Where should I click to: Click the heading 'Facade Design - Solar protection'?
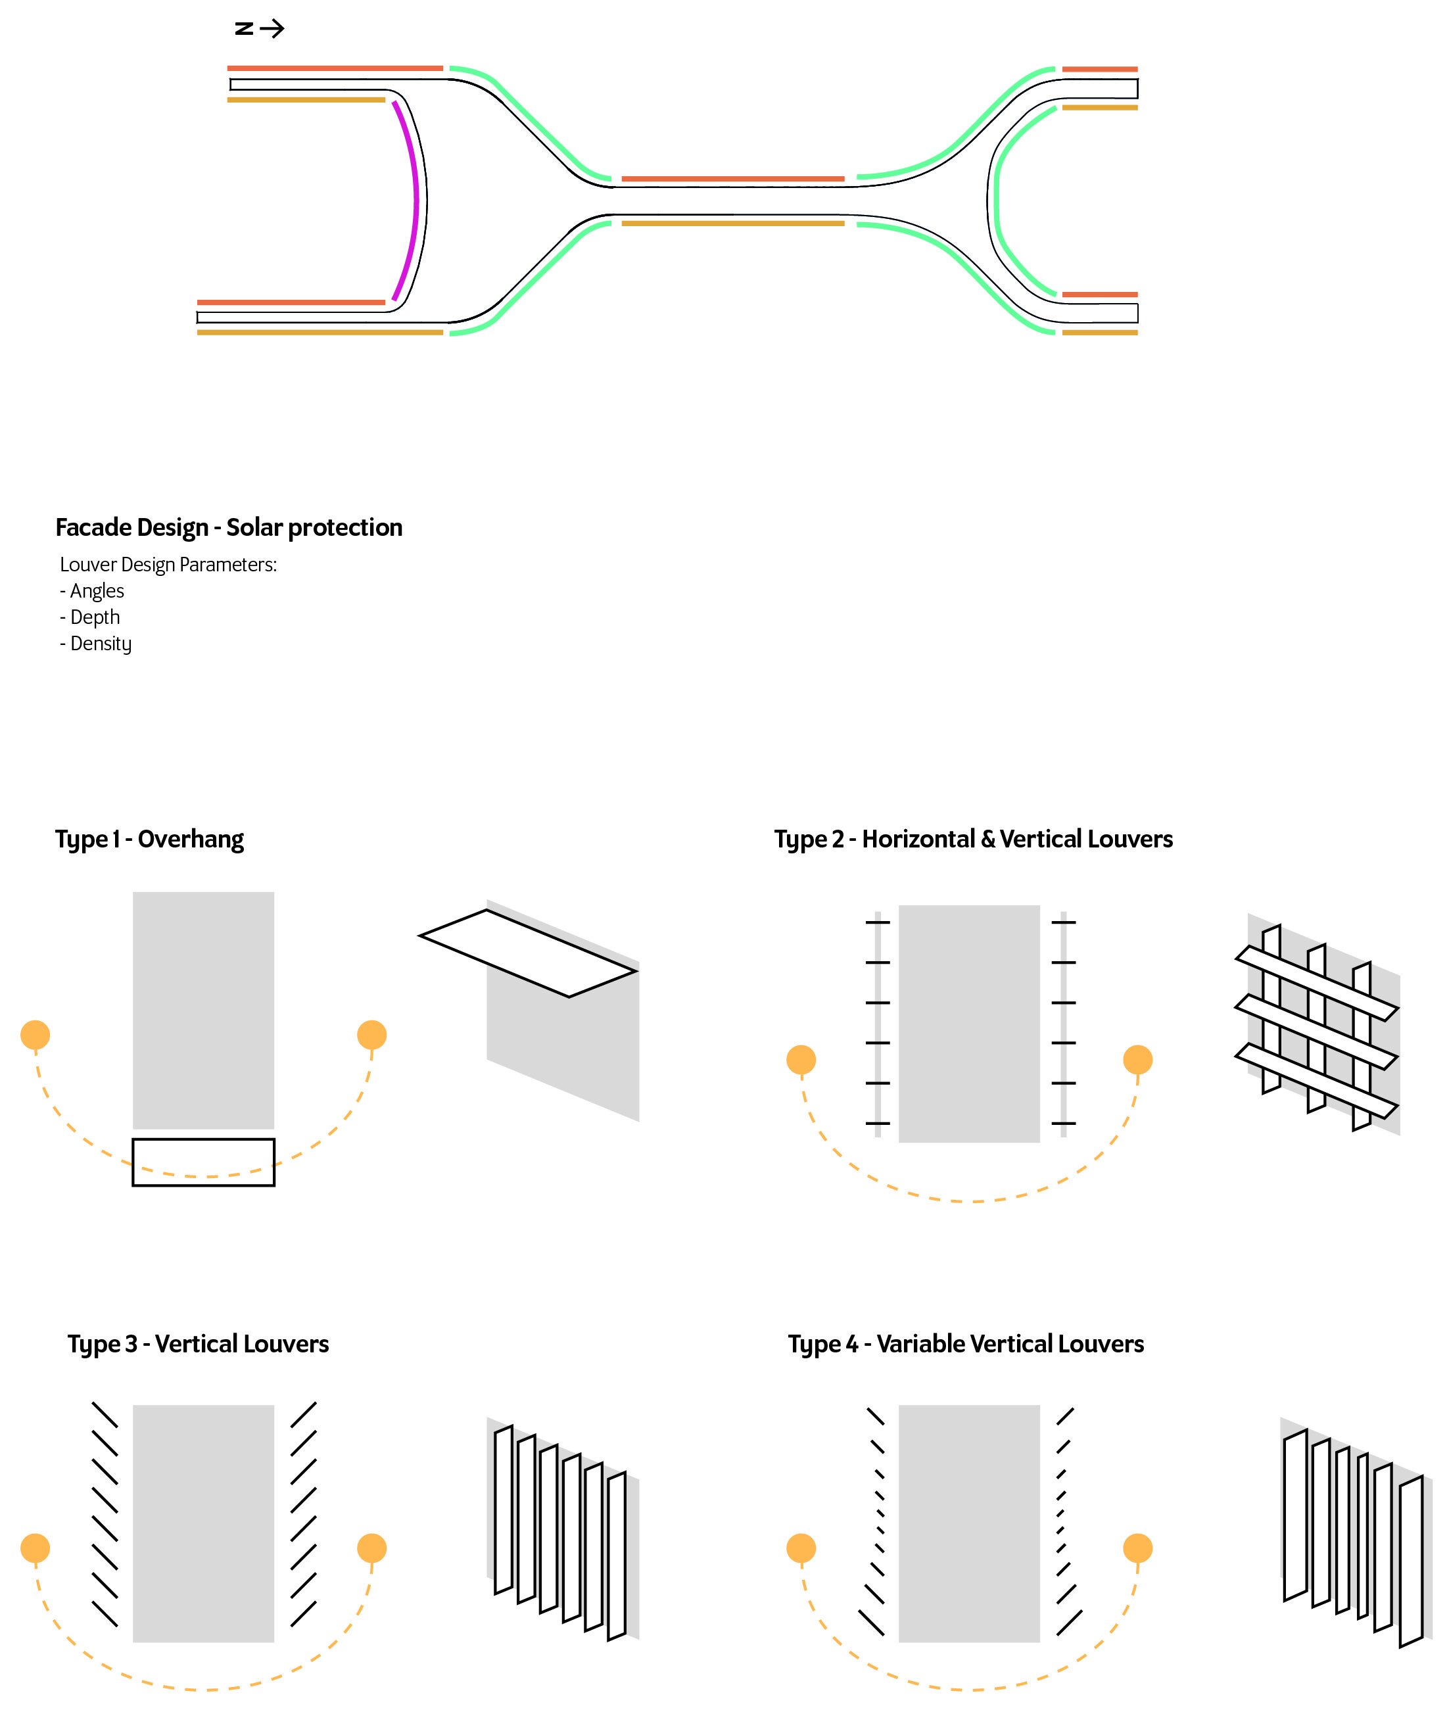229,527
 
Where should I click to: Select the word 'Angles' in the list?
97,590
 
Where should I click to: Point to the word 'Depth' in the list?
95,617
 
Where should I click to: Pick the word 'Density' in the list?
101,644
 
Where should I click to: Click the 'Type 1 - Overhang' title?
149,839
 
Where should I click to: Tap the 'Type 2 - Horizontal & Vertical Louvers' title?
973,839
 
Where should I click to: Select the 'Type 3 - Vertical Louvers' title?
198,1344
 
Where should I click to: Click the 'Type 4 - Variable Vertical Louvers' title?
966,1344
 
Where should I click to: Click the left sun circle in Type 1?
36,1035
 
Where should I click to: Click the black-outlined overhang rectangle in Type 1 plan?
203,1162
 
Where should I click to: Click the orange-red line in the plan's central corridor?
732,179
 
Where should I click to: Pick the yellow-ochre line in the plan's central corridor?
732,223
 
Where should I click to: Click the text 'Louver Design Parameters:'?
168,564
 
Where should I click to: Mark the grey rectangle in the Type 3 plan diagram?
203,1523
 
